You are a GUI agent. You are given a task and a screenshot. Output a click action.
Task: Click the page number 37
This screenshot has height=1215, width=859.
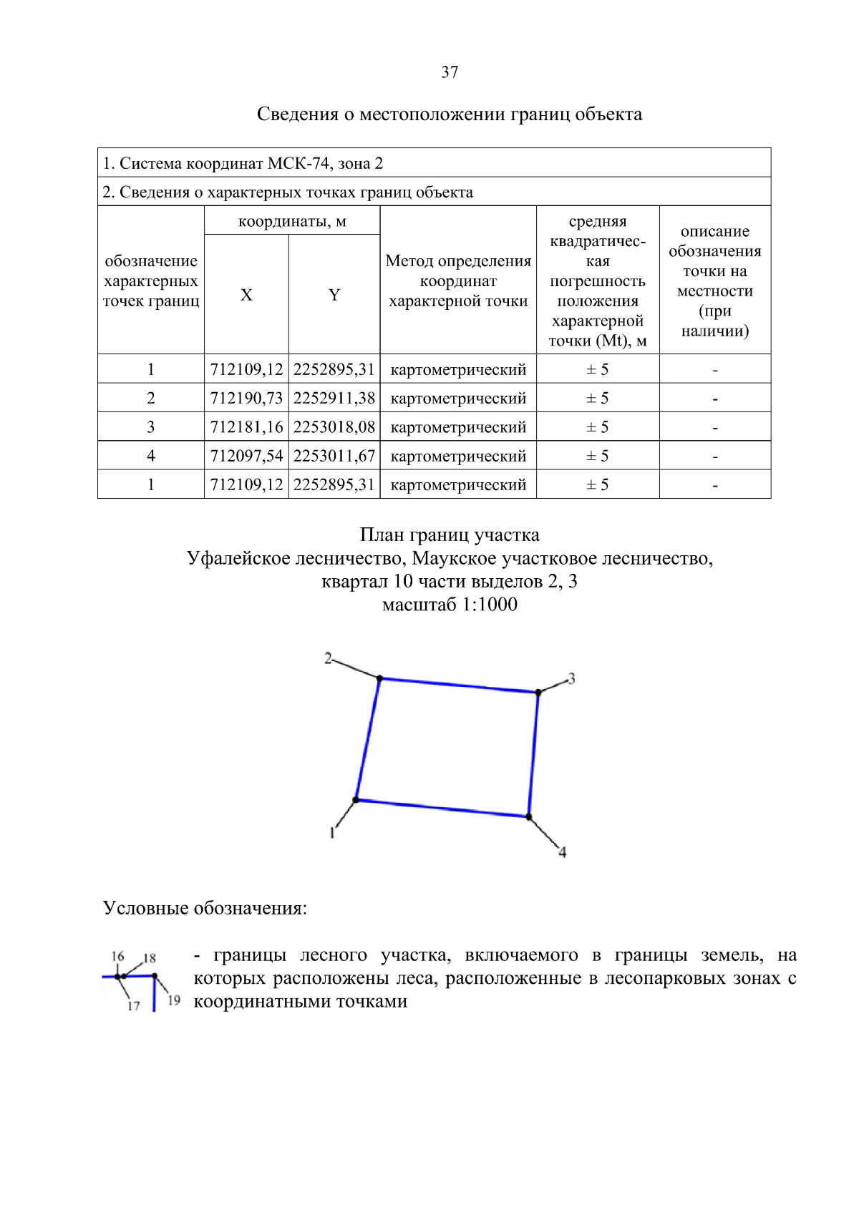[450, 72]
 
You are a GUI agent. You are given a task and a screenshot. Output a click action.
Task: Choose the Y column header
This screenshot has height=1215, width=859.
[334, 295]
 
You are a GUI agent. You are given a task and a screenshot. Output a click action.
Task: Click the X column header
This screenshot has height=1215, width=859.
[246, 295]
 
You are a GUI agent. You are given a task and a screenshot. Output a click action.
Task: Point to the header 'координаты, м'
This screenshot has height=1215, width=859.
[292, 221]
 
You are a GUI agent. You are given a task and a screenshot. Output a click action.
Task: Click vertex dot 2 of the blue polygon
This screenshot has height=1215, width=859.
[379, 678]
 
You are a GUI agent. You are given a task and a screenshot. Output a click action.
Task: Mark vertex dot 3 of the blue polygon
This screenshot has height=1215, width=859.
[538, 693]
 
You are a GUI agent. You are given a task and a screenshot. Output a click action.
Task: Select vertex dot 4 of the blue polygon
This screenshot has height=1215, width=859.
[529, 816]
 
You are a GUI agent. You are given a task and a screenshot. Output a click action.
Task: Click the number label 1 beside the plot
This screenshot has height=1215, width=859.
[332, 832]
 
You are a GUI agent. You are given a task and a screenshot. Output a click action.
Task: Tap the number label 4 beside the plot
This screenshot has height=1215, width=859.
[563, 852]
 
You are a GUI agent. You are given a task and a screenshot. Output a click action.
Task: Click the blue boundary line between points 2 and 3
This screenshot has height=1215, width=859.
[458, 685]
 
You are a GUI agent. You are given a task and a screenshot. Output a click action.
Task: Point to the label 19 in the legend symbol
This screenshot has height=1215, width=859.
[174, 1000]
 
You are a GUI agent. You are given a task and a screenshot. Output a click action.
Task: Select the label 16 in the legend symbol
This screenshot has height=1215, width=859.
[117, 956]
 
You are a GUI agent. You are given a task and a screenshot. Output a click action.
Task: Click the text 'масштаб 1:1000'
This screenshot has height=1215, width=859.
[450, 605]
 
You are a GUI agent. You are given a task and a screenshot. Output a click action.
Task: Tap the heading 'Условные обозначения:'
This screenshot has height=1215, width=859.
[205, 908]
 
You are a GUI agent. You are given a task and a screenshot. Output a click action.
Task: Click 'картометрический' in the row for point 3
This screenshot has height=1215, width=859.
[458, 427]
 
